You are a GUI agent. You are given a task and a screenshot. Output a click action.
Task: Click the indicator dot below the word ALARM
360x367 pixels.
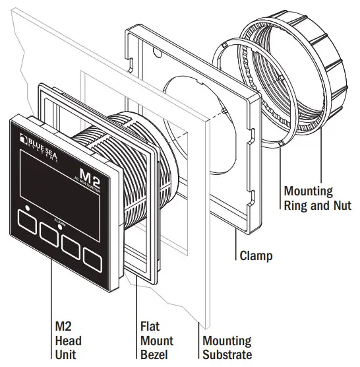pos(61,226)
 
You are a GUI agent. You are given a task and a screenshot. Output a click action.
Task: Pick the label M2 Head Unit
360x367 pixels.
pos(69,341)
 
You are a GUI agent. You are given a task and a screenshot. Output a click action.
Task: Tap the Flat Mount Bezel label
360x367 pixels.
pos(156,341)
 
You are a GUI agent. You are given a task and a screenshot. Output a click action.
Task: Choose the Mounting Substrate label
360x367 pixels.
pos(227,348)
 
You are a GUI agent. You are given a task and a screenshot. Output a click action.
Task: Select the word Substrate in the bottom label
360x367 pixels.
pos(227,355)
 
